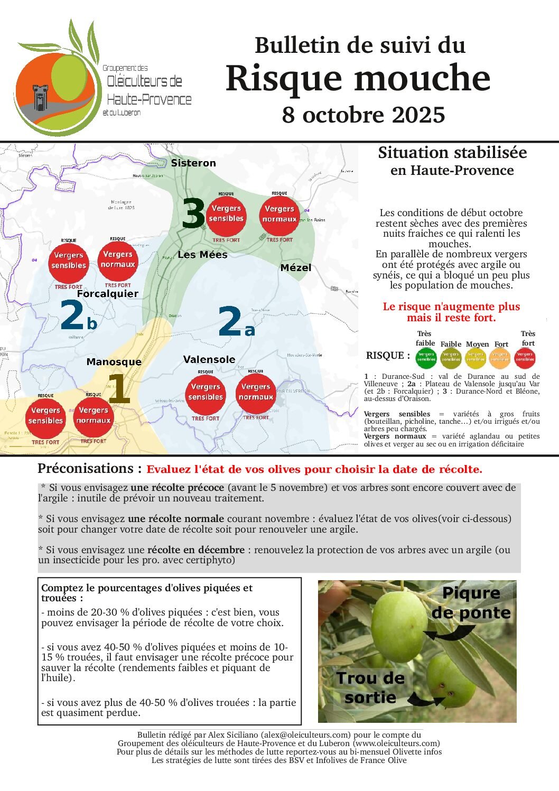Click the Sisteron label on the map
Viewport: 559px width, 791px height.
click(x=193, y=163)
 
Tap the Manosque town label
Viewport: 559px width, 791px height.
click(x=114, y=362)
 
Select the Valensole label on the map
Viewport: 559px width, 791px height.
click(x=209, y=359)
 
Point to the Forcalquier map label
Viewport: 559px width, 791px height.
click(x=108, y=294)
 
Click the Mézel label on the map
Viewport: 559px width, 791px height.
click(x=296, y=268)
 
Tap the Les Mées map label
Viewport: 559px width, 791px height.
click(x=202, y=255)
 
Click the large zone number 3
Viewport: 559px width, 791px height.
click(x=193, y=214)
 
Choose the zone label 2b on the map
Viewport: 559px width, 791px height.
click(x=78, y=315)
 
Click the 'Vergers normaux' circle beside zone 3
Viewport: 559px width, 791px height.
click(x=279, y=214)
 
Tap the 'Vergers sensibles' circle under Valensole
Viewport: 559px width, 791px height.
click(x=206, y=392)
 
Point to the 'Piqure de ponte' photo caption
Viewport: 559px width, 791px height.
click(x=471, y=603)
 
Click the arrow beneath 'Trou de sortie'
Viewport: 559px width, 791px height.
click(x=426, y=699)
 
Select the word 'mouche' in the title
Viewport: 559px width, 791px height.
click(x=423, y=78)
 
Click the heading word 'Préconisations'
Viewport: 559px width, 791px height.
click(x=85, y=469)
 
